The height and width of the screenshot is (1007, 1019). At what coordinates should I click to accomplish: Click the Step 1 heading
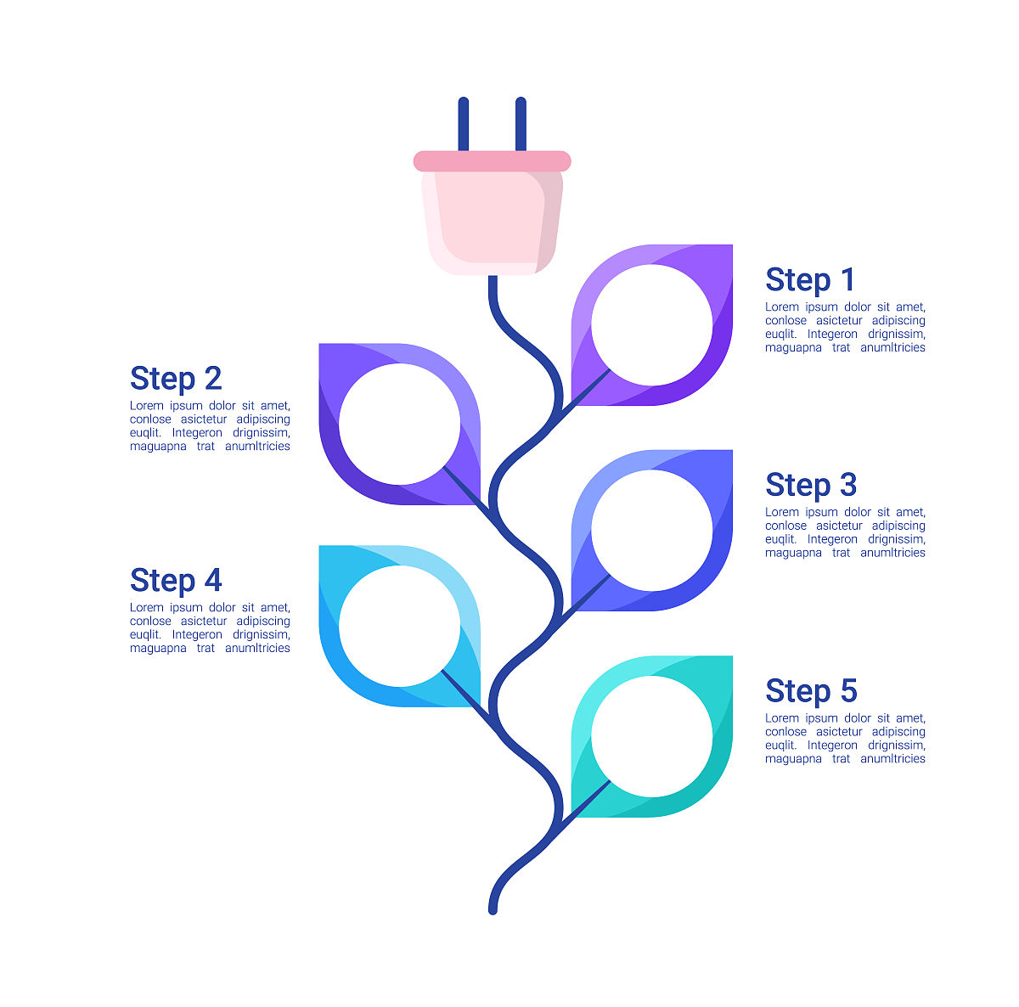809,280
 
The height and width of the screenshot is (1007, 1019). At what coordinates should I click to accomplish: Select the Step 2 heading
176,379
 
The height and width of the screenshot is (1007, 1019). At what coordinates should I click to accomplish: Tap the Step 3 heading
811,485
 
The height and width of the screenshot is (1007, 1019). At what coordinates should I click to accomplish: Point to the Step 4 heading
176,581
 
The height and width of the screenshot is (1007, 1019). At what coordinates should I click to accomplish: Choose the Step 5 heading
811,691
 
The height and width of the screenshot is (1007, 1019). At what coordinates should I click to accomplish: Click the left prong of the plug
464,124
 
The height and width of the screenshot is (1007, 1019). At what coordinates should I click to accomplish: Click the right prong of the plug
521,124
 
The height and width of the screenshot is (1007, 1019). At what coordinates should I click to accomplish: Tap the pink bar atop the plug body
492,161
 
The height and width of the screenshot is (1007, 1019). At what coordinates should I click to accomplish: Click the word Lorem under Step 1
782,307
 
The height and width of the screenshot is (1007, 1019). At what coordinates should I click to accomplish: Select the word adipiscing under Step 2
262,419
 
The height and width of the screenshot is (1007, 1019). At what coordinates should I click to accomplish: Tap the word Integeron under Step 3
832,539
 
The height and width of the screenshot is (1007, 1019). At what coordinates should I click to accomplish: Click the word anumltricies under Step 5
892,758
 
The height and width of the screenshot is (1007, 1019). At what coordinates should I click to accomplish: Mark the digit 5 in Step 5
848,691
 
